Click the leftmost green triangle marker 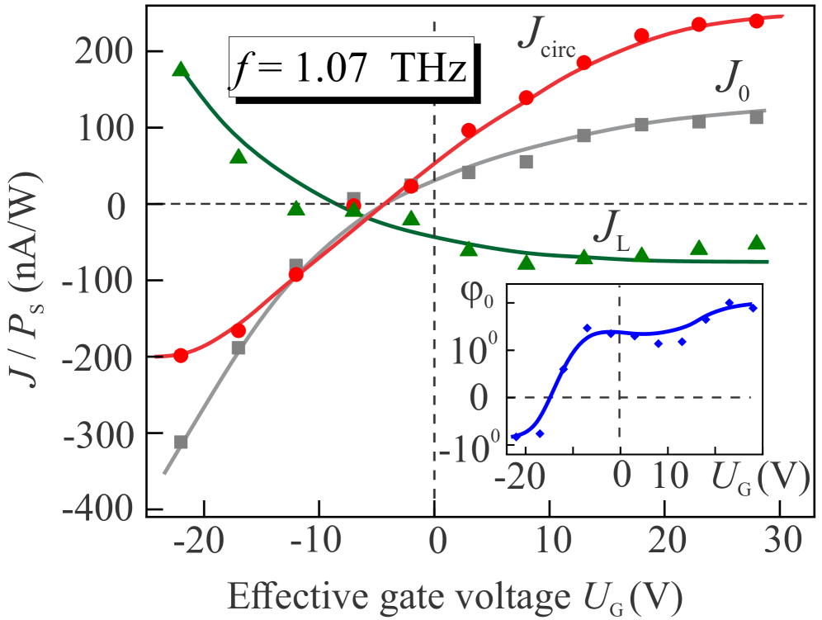point(181,69)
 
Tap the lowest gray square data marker point(181,443)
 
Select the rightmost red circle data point point(756,21)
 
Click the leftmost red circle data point point(181,356)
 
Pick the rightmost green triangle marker point(756,242)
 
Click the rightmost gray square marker point(756,118)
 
